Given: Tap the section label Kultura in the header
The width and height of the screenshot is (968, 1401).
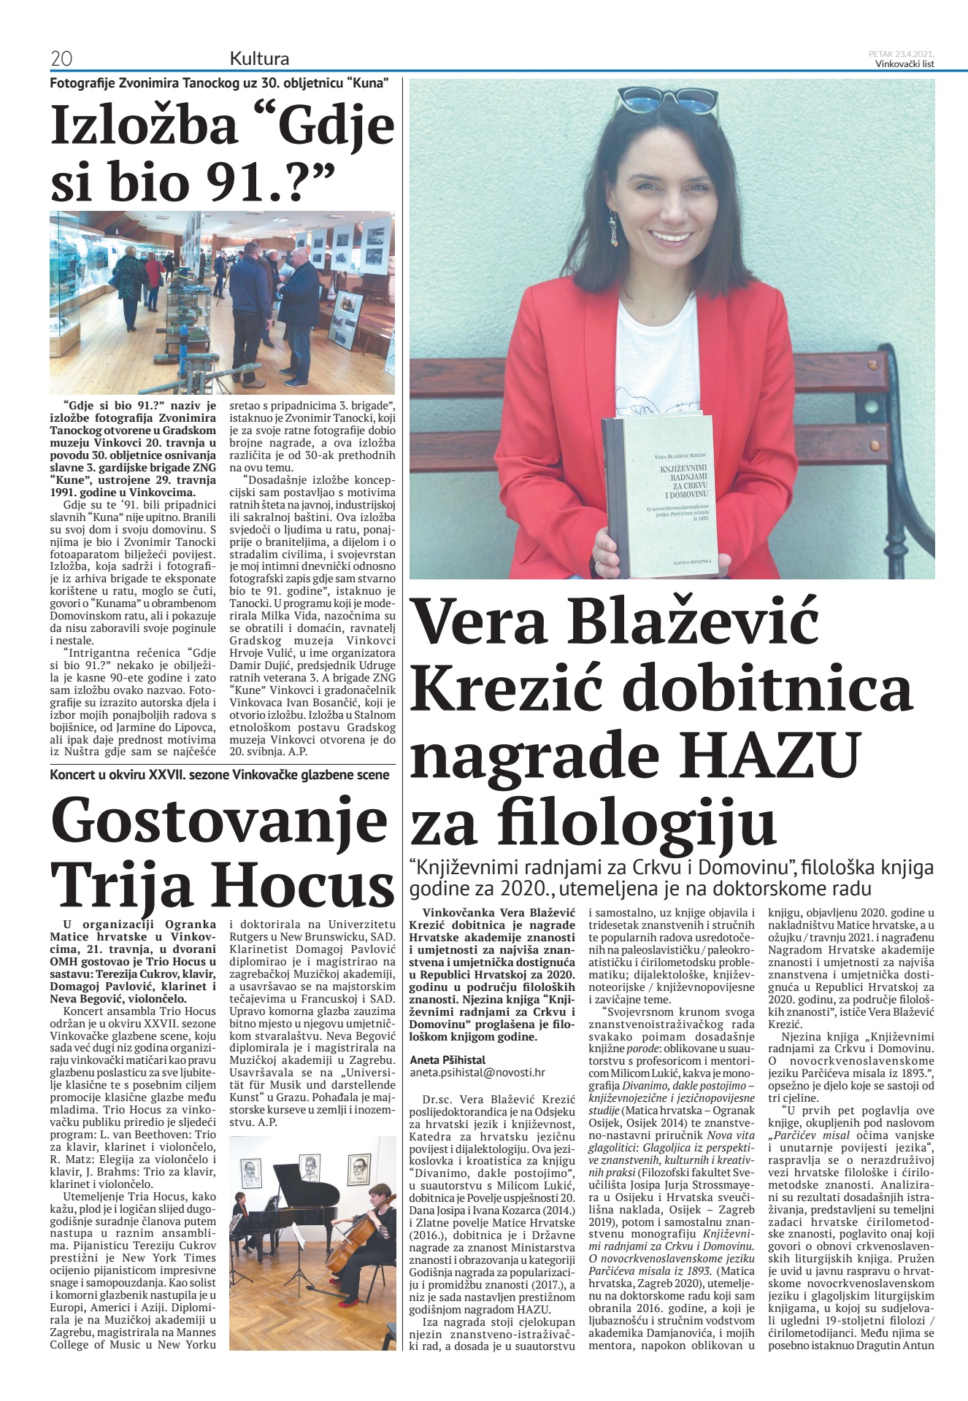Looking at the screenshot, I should (259, 58).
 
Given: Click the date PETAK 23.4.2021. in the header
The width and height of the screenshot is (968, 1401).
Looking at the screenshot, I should (902, 54).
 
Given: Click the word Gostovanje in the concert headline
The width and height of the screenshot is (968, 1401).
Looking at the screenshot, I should (220, 822).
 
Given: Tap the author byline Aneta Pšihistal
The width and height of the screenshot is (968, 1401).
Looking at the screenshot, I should (447, 1060).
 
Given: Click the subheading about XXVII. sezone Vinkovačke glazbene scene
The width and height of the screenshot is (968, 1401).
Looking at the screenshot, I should (219, 775).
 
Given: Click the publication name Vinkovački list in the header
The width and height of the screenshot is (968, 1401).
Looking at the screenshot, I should (904, 63).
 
